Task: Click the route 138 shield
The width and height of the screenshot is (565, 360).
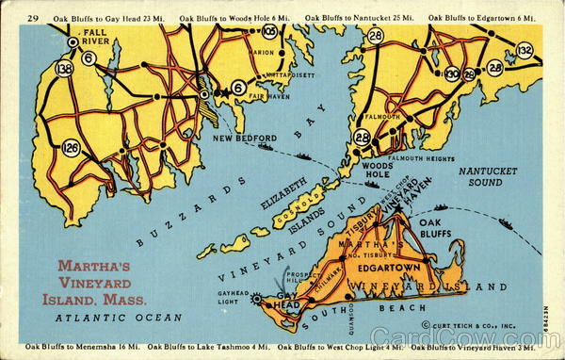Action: pos(64,68)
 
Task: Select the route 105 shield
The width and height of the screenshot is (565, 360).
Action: pos(270,31)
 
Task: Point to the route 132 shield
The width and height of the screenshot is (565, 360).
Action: pos(525,49)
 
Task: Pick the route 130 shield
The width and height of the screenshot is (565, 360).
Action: pos(452,74)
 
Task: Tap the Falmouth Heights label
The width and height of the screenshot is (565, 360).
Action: pos(421,157)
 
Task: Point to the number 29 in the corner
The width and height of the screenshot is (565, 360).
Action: pos(34,18)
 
